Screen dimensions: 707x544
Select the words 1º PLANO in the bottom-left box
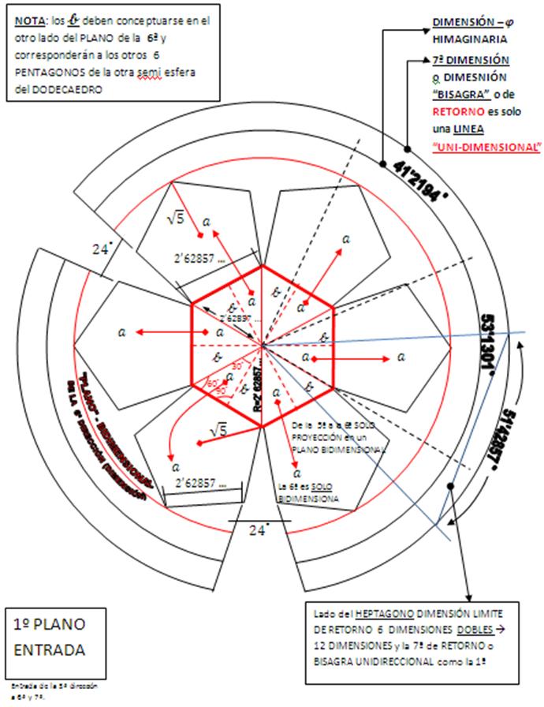47,624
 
